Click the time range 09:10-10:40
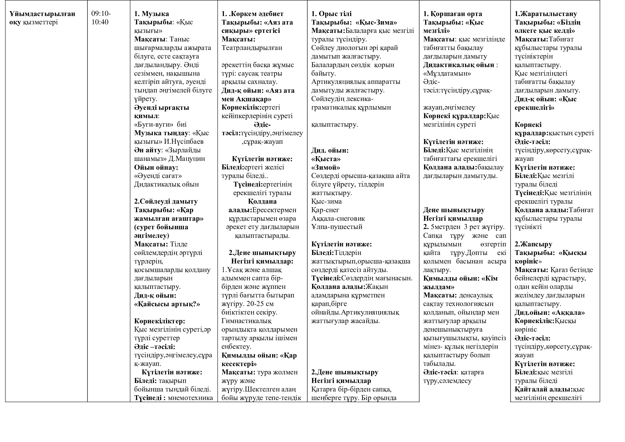pos(101,18)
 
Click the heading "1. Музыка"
pos(151,14)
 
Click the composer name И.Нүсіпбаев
pos(184,142)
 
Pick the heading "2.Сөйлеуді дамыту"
pos(166,201)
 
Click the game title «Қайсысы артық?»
pos(167,304)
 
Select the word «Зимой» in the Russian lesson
pos(325,167)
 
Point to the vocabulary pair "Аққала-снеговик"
pos(338,219)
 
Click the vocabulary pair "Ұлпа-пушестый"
pos(337,227)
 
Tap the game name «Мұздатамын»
pos(447,73)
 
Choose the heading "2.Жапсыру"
pos(533,244)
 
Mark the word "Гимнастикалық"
pos(246,321)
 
